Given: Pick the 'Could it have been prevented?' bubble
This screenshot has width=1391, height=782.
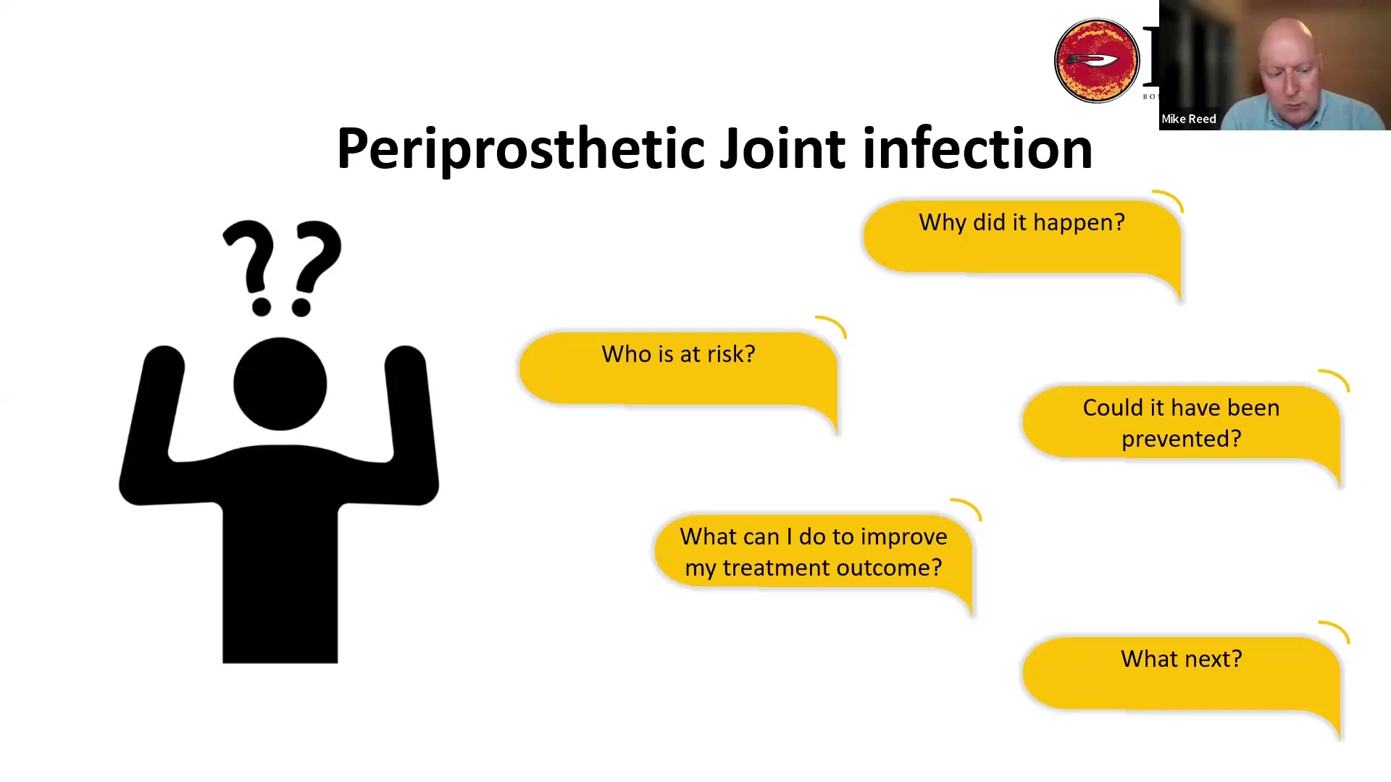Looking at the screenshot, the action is (x=1182, y=423).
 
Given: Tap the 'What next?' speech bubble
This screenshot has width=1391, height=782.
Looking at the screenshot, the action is (x=1182, y=673).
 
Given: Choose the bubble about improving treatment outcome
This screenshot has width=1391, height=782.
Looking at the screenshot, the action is (x=814, y=552).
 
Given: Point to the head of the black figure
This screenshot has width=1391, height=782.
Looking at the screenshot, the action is (x=280, y=384).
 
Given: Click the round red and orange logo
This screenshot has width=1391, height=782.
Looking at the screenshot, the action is (x=1097, y=61).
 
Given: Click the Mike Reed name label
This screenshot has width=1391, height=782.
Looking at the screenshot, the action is (x=1188, y=119).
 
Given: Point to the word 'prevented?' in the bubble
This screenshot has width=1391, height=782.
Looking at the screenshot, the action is (x=1182, y=439).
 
